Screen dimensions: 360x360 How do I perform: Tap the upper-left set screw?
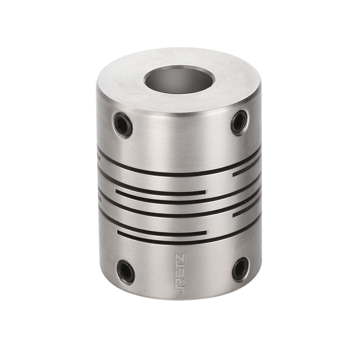pyautogui.click(x=122, y=125)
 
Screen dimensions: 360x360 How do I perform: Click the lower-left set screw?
pyautogui.click(x=126, y=272)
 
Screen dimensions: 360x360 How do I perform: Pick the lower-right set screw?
pyautogui.click(x=240, y=269)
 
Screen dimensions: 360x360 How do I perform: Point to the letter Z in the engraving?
pyautogui.click(x=180, y=258)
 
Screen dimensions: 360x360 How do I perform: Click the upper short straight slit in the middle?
pyautogui.click(x=161, y=192)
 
